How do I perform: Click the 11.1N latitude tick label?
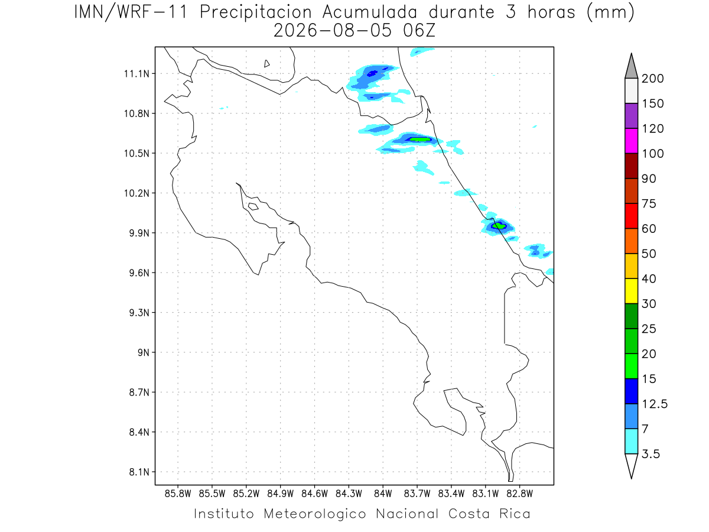136,74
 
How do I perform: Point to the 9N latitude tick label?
144,352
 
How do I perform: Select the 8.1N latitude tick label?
139,472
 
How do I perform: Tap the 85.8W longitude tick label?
178,494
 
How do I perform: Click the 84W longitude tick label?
383,494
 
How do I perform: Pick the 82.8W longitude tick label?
519,494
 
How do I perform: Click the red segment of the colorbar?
631,216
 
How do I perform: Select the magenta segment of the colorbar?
631,141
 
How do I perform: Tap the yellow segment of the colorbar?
631,291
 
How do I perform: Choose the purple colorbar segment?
631,116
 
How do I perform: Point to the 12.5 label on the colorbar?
655,404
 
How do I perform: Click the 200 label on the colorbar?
652,79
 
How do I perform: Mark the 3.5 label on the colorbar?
651,454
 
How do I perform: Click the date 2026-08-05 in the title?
333,31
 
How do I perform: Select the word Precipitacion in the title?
256,12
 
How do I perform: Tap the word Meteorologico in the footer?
314,514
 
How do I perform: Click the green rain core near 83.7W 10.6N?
420,140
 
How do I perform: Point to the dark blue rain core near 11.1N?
372,73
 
